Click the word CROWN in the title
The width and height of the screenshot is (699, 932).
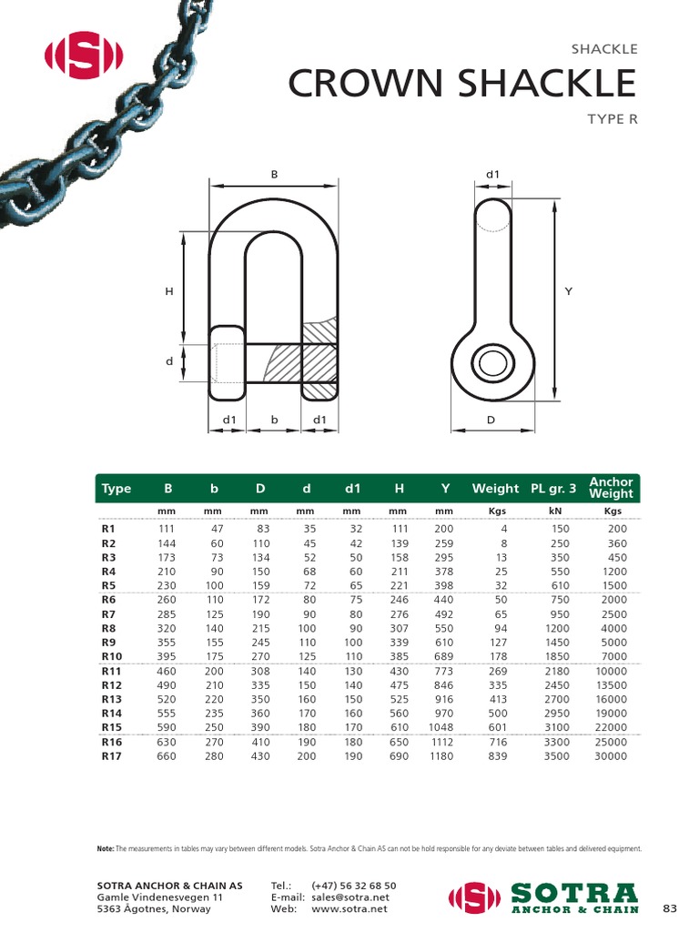tap(368, 85)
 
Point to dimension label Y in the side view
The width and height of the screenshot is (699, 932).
tap(569, 291)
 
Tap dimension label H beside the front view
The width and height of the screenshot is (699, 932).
tap(168, 291)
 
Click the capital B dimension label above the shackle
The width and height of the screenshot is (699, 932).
tap(273, 172)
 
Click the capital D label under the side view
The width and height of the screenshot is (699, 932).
tap(491, 420)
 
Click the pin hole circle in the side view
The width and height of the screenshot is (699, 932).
tap(491, 364)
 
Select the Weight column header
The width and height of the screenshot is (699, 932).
tap(495, 489)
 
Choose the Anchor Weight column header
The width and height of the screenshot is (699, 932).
tap(611, 488)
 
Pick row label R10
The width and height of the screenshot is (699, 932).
tap(112, 655)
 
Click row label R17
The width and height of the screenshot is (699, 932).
tap(112, 755)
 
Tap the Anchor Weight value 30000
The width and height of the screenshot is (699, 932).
tap(611, 755)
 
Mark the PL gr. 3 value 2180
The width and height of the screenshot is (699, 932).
tap(556, 671)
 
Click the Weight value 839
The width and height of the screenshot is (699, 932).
tap(497, 755)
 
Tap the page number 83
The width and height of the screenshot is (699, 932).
tap(670, 908)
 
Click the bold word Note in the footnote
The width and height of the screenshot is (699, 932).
tap(105, 848)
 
